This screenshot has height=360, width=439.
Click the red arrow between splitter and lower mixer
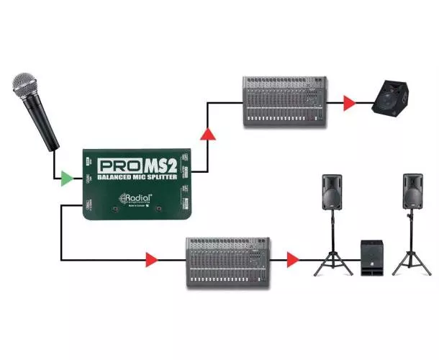click(x=151, y=258)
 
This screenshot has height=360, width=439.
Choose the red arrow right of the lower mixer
click(x=293, y=258)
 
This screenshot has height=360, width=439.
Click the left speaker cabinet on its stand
click(x=331, y=192)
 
